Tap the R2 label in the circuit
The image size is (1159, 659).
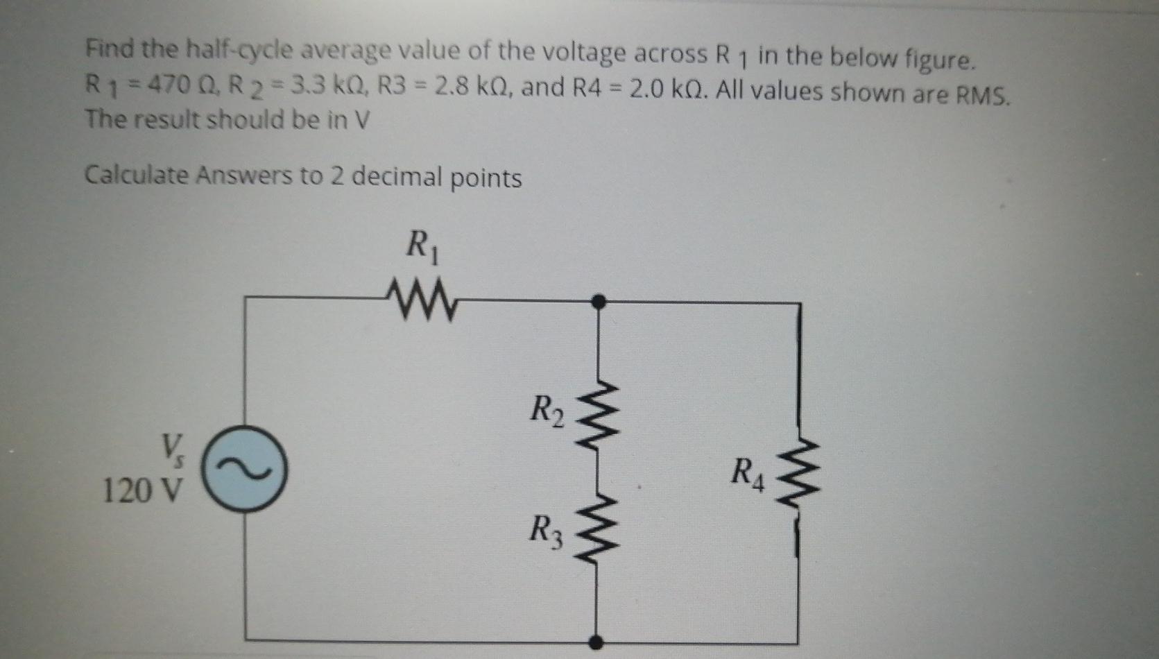coord(547,410)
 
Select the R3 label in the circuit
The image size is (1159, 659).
coord(547,531)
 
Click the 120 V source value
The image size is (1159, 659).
coord(143,491)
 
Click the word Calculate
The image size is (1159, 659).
coord(136,175)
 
